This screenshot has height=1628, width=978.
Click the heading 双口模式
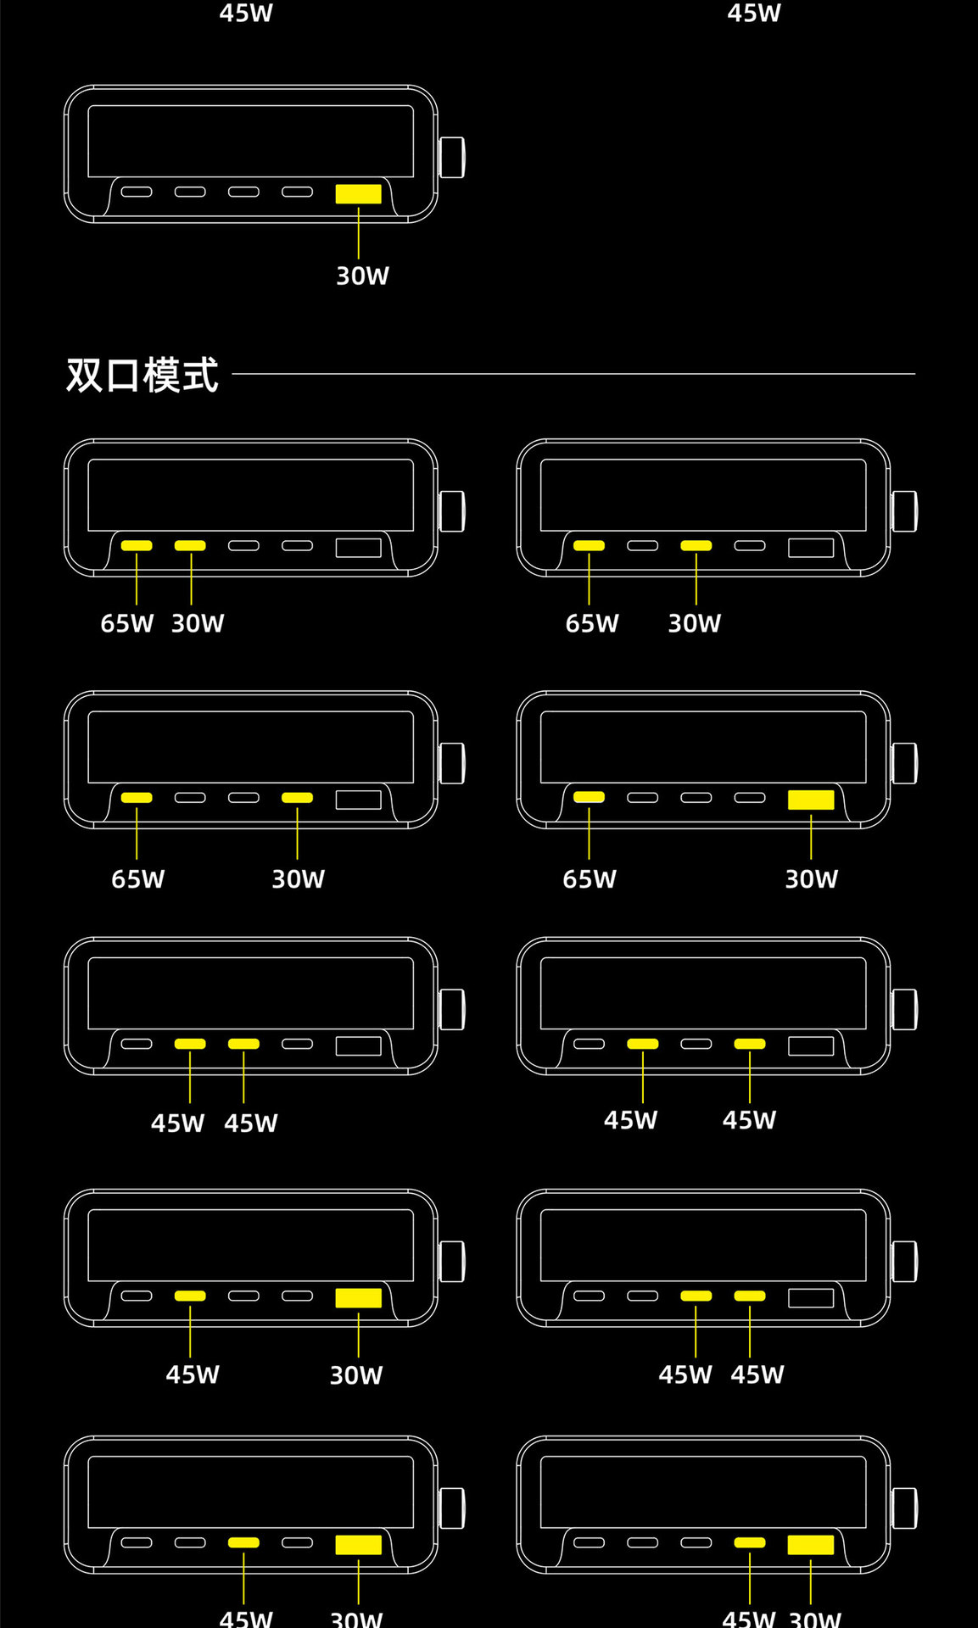[x=143, y=375]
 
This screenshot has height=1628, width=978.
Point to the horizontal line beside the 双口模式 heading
[x=573, y=373]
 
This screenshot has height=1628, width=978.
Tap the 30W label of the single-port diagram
[x=362, y=276]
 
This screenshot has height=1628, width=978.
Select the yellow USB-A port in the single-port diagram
[x=358, y=194]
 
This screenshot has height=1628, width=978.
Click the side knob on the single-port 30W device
[x=452, y=158]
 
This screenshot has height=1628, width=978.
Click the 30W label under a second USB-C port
[x=198, y=624]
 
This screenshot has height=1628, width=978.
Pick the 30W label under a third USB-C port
[x=694, y=624]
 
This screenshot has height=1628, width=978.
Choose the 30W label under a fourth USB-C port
[x=298, y=879]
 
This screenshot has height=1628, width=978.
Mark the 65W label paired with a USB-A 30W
[x=590, y=879]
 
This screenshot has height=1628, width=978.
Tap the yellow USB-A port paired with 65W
[x=811, y=800]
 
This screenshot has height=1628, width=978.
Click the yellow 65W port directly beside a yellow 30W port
[x=137, y=545]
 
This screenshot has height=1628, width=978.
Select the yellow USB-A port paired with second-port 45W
[x=358, y=1297]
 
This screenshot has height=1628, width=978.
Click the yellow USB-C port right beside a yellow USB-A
[x=750, y=1542]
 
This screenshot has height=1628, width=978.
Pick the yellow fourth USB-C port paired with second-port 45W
[x=750, y=1044]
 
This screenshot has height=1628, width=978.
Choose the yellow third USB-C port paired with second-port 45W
[x=243, y=1044]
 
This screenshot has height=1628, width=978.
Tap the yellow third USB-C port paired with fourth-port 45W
[x=696, y=1296]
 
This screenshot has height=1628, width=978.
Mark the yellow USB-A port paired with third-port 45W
[x=358, y=1544]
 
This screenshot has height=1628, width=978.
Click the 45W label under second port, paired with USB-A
[x=193, y=1374]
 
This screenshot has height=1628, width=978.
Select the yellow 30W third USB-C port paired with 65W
[x=696, y=545]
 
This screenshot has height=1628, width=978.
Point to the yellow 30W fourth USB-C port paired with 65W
[x=297, y=797]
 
